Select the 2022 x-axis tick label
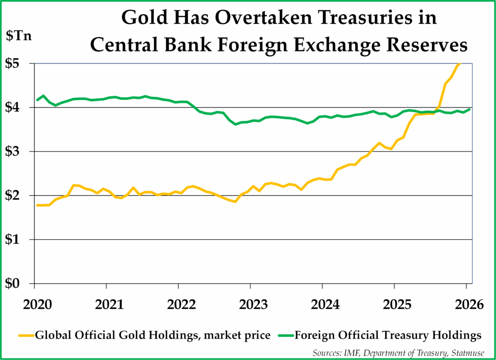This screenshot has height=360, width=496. [179, 305]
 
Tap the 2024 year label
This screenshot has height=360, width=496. [323, 305]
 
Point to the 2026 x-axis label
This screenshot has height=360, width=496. [466, 305]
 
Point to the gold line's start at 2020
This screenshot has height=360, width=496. [37, 205]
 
